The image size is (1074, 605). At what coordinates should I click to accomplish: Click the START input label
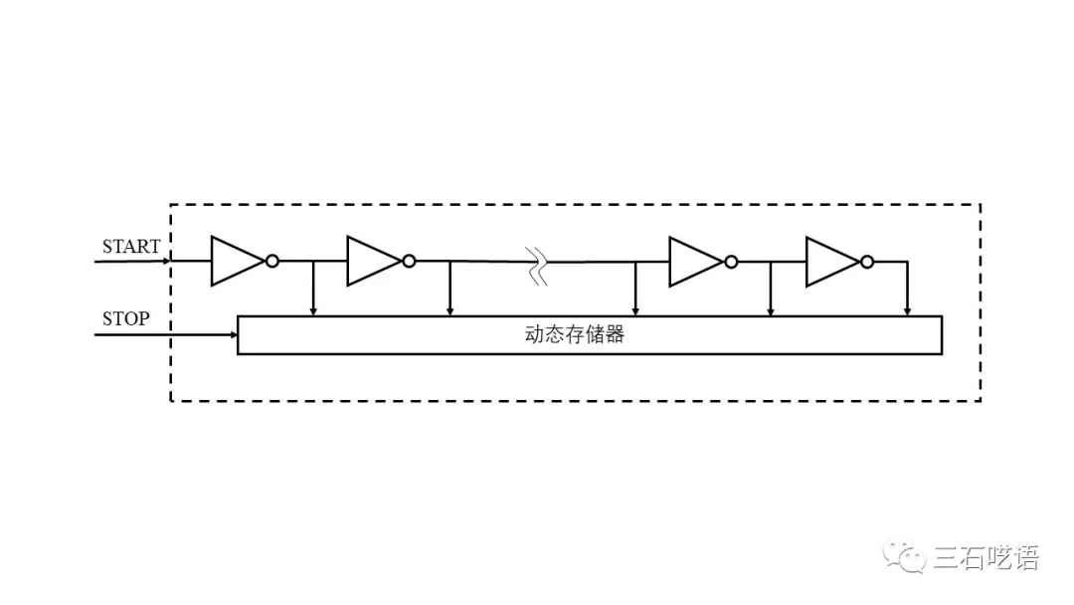pyautogui.click(x=131, y=246)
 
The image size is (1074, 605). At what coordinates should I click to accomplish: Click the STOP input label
pyautogui.click(x=126, y=318)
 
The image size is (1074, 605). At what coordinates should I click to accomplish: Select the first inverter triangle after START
pyautogui.click(x=237, y=261)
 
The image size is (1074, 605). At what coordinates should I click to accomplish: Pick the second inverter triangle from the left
pyautogui.click(x=373, y=261)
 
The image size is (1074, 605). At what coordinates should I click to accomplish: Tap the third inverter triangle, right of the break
pyautogui.click(x=695, y=262)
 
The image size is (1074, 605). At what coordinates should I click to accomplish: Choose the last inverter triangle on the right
pyautogui.click(x=832, y=262)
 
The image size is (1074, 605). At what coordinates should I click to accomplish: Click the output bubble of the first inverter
pyautogui.click(x=271, y=261)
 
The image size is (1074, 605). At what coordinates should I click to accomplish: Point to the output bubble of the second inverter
pyautogui.click(x=409, y=261)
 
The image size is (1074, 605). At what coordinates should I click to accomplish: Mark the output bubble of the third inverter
pyautogui.click(x=731, y=262)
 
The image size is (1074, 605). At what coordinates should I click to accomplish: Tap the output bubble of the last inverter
pyautogui.click(x=867, y=262)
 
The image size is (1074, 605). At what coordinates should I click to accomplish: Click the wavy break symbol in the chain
pyautogui.click(x=536, y=266)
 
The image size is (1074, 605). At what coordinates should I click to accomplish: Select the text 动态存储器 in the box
pyautogui.click(x=575, y=334)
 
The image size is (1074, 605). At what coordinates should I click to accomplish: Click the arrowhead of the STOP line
pyautogui.click(x=234, y=335)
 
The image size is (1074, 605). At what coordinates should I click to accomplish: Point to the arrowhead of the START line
pyautogui.click(x=166, y=261)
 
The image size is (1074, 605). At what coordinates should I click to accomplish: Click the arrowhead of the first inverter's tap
pyautogui.click(x=313, y=311)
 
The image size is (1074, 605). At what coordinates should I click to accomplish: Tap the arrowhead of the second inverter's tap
pyautogui.click(x=450, y=311)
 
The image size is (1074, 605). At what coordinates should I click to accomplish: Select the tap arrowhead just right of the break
pyautogui.click(x=635, y=311)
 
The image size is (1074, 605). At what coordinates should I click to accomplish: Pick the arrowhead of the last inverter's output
pyautogui.click(x=908, y=311)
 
